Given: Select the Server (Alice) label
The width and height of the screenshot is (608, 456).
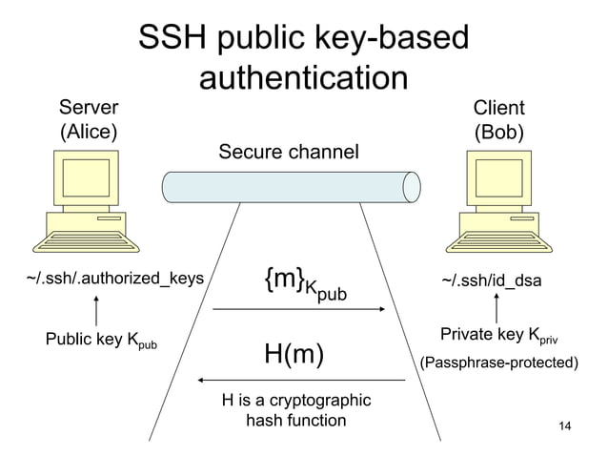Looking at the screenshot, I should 91,118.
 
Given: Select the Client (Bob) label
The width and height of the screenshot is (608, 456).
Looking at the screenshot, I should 499,118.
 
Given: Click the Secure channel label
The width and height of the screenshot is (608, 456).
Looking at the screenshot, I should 290,152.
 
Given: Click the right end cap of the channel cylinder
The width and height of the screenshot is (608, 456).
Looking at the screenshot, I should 412,183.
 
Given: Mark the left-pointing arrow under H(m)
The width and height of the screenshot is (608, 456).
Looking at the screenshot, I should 299,381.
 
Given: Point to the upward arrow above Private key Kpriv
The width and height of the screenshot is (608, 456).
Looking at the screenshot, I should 497,309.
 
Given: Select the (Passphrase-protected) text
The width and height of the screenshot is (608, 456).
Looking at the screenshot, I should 500,363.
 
